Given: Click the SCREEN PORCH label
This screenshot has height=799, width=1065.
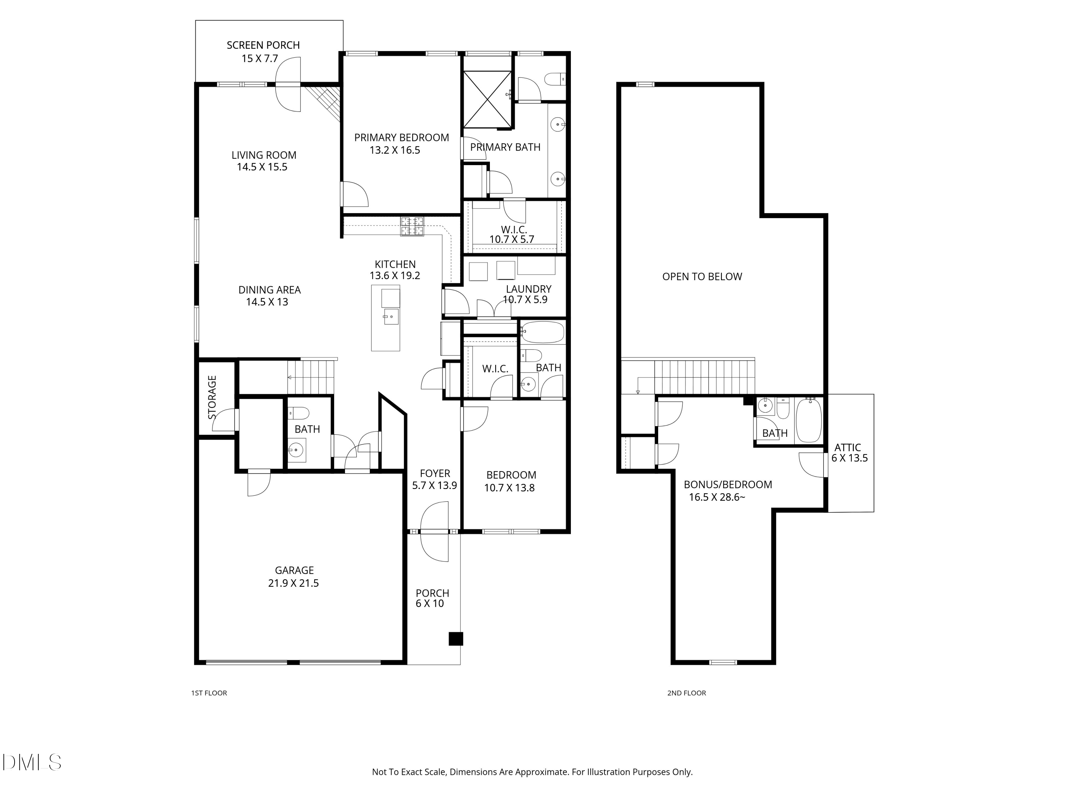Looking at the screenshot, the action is point(263,45).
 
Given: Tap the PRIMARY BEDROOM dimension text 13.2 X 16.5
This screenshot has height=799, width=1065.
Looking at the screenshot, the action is point(395,150).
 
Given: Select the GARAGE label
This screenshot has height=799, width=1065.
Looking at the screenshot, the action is point(294,570).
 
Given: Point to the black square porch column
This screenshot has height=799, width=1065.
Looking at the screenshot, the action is point(455,638).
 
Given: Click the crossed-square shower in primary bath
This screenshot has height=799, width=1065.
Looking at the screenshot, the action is point(487,99).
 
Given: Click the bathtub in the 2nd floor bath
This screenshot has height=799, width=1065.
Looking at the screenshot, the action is point(809,420).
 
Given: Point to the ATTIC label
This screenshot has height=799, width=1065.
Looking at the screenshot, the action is point(847,447).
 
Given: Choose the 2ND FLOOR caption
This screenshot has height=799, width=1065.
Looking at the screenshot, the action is point(687,693).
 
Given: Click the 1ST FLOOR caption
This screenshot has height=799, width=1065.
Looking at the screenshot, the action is point(209,693).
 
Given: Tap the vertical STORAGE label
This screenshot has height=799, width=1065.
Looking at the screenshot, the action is point(212,397).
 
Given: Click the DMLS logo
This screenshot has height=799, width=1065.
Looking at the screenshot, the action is point(32,762).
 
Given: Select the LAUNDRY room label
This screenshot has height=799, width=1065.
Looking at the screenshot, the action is point(529,289).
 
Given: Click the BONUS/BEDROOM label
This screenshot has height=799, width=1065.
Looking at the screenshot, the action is point(728,484).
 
